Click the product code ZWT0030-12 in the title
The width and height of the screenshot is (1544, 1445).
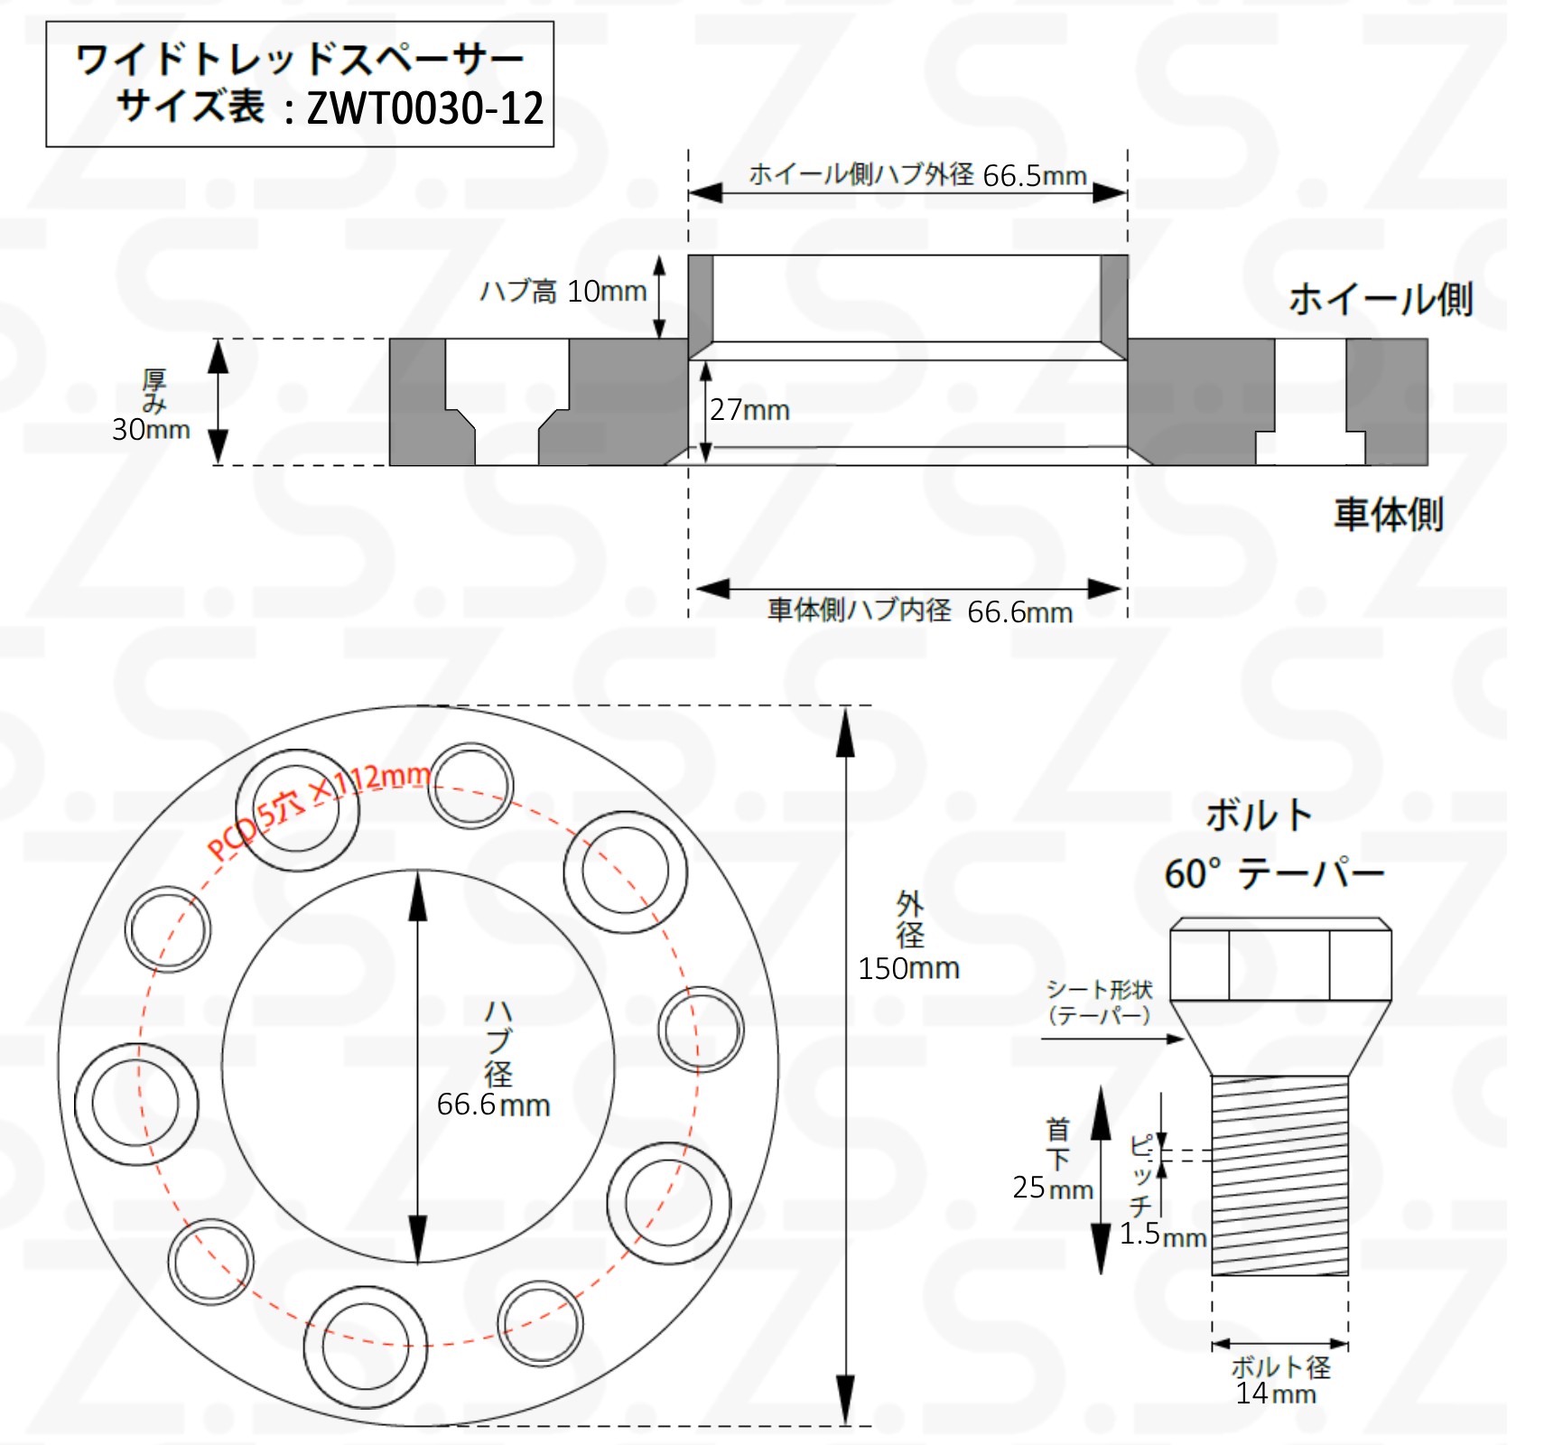pyautogui.click(x=425, y=109)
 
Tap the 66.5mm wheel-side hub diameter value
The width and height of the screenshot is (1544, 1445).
pyautogui.click(x=1035, y=175)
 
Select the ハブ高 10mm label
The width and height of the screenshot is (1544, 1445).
pyautogui.click(x=563, y=291)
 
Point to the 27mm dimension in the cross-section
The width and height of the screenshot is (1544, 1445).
pyautogui.click(x=749, y=410)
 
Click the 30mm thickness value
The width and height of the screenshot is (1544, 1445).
pyautogui.click(x=151, y=429)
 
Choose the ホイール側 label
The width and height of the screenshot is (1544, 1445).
pyautogui.click(x=1381, y=299)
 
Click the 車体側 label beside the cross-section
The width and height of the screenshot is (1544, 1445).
pyautogui.click(x=1389, y=514)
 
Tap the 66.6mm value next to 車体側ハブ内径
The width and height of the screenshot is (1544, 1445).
pyautogui.click(x=1020, y=612)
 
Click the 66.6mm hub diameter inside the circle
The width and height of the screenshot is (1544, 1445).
pyautogui.click(x=493, y=1105)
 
